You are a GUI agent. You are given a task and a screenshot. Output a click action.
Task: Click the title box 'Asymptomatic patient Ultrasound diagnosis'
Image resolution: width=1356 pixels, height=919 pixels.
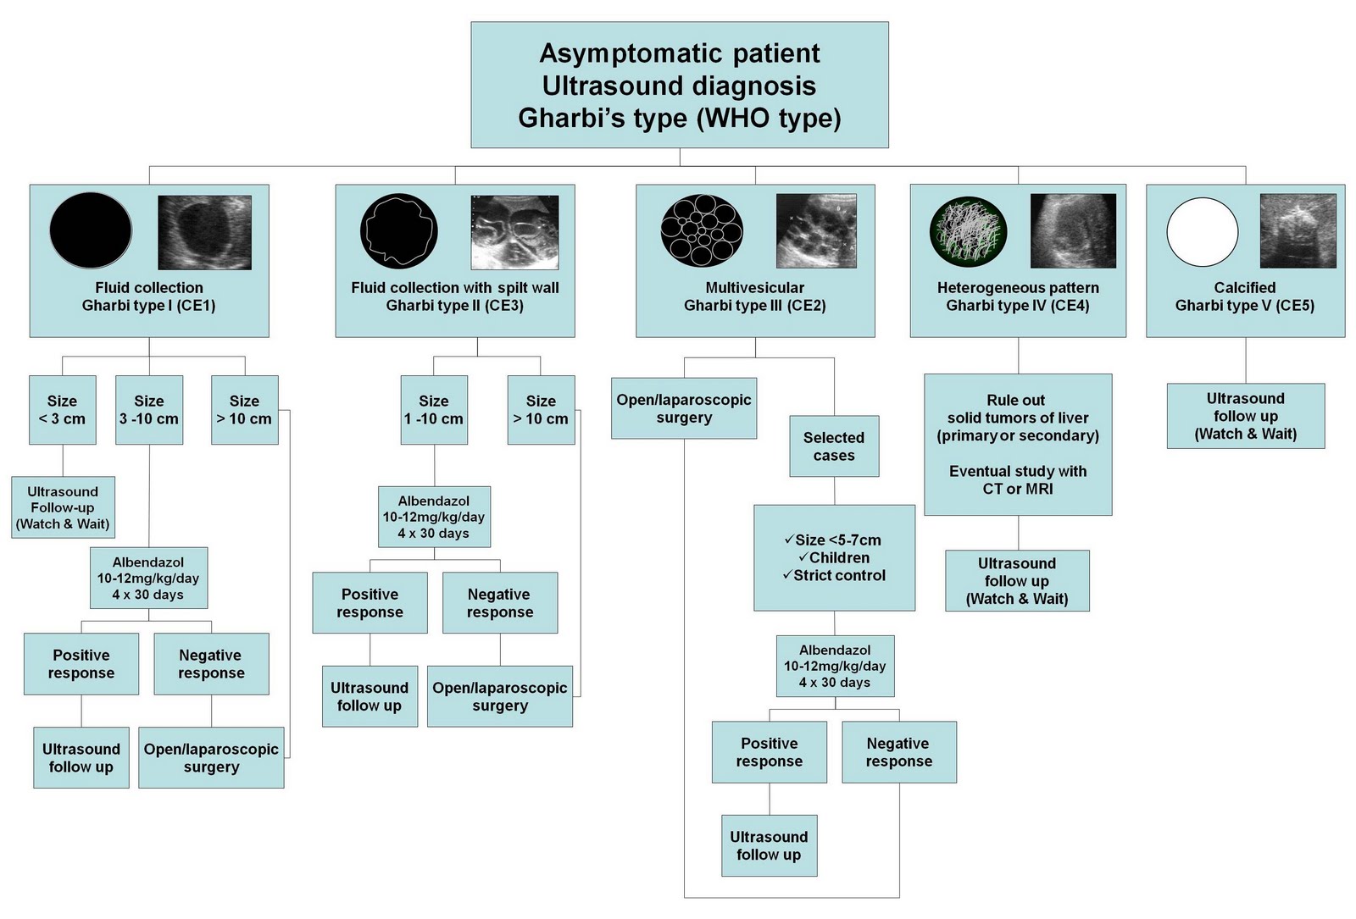[679, 85]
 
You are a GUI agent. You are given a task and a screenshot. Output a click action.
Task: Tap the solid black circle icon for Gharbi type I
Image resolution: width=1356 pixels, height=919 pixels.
[91, 230]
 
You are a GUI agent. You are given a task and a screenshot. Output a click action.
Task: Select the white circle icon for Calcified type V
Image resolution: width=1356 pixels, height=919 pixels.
[1202, 232]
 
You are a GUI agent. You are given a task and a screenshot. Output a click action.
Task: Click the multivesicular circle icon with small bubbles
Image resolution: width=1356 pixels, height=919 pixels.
[702, 230]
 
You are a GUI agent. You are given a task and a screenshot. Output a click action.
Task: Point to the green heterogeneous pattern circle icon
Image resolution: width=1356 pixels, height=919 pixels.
[968, 231]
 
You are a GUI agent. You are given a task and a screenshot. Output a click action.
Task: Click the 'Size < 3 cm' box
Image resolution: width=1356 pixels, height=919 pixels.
[62, 410]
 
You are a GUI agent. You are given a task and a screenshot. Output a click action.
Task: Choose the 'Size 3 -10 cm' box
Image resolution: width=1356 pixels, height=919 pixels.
[149, 410]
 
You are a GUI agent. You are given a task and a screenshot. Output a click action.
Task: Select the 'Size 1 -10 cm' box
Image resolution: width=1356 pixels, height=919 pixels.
[434, 410]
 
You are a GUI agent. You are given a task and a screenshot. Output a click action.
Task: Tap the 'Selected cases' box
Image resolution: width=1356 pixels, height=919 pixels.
[834, 446]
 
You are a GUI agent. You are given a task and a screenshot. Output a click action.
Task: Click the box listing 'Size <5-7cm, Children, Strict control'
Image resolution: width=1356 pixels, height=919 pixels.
[834, 558]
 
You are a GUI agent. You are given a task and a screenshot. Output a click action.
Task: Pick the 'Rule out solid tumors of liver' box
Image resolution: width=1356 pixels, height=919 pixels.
[1018, 445]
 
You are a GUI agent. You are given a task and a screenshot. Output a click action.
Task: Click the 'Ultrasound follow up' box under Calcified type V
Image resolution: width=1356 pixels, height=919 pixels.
[1245, 416]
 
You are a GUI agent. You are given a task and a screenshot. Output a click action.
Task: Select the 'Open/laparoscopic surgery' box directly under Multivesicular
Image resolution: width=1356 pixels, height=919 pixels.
[684, 408]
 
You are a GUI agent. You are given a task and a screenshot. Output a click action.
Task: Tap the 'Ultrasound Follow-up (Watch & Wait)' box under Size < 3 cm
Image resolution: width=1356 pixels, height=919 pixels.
[63, 507]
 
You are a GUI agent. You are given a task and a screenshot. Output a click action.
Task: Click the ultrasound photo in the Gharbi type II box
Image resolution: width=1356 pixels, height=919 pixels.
[514, 232]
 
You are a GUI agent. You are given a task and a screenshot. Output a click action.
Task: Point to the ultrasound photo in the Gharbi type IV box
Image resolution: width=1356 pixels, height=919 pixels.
[1073, 230]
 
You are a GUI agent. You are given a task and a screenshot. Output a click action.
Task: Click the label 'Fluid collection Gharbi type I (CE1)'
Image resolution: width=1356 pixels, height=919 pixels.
[149, 297]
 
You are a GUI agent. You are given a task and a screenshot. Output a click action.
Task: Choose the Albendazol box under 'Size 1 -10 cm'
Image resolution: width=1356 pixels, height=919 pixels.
[434, 517]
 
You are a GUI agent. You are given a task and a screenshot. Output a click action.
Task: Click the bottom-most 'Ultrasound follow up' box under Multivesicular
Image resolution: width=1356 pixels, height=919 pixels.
[769, 845]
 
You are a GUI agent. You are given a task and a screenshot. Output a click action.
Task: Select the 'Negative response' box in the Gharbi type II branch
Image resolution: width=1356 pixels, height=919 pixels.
[500, 603]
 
